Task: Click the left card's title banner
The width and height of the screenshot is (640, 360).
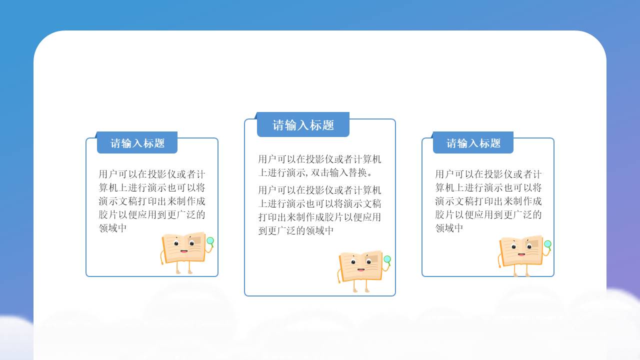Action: pyautogui.click(x=137, y=143)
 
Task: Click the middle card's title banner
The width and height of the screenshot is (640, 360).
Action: pyautogui.click(x=303, y=125)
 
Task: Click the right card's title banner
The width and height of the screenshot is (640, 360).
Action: pyautogui.click(x=473, y=143)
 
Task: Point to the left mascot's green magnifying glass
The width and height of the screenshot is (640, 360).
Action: pyautogui.click(x=210, y=241)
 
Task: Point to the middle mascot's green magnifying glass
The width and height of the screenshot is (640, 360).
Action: pyautogui.click(x=387, y=259)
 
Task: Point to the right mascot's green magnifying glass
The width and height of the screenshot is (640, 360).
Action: pyautogui.click(x=547, y=244)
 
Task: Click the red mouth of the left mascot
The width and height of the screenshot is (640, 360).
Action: pyautogui.click(x=184, y=251)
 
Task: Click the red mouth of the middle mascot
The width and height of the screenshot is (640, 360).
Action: pyautogui.click(x=361, y=270)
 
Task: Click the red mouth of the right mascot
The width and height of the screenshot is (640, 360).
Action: pyautogui.click(x=521, y=254)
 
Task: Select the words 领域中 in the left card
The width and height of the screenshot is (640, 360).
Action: pyautogui.click(x=112, y=228)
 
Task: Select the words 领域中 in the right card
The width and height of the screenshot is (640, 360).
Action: pyautogui.click(x=449, y=228)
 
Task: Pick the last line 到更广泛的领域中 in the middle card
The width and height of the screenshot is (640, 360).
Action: pyautogui.click(x=295, y=230)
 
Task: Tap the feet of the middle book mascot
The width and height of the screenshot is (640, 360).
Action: pyautogui.click(x=360, y=289)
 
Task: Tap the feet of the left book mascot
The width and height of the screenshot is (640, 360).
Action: pyautogui.click(x=183, y=271)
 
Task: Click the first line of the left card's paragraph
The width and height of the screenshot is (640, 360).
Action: pyautogui.click(x=152, y=174)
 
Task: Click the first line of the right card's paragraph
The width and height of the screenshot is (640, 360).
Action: pyautogui.click(x=488, y=174)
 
